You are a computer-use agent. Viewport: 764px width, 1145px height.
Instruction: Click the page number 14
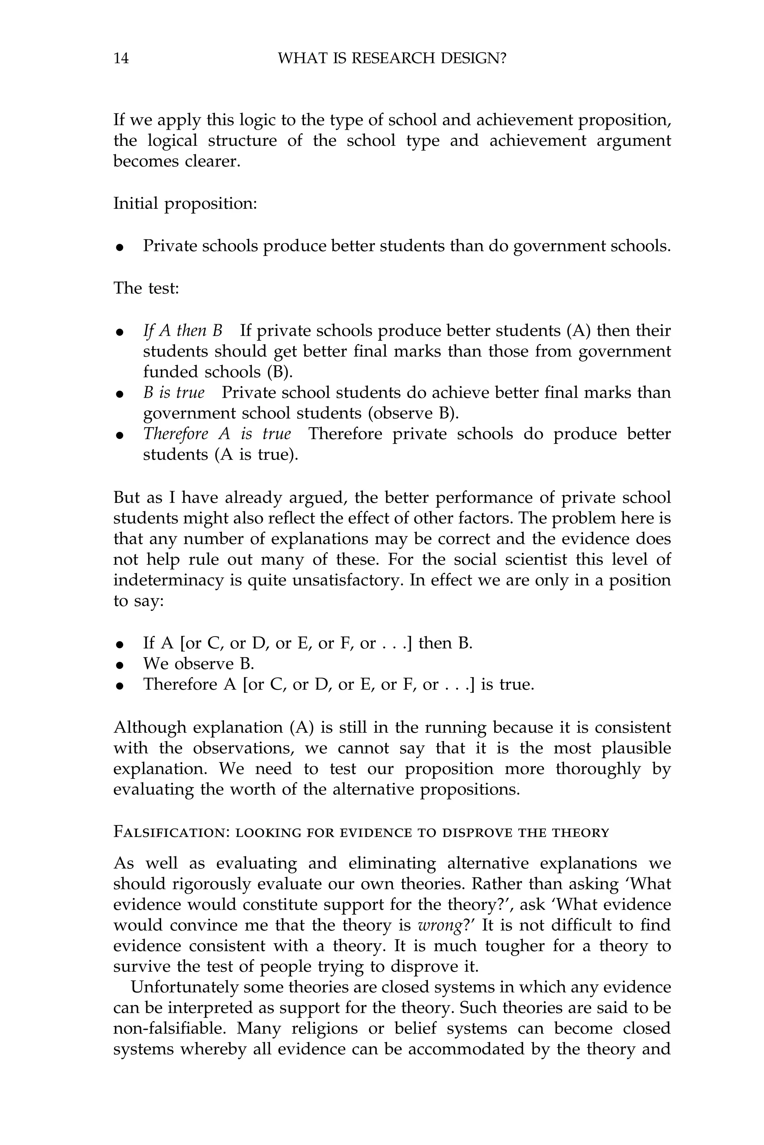(x=121, y=59)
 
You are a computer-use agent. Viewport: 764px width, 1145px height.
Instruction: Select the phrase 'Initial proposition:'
(x=185, y=204)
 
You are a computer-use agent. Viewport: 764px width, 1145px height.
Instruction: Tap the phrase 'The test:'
(x=146, y=288)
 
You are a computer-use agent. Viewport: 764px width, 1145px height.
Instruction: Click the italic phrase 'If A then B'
(x=183, y=331)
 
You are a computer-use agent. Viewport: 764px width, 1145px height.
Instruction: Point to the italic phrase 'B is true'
(x=173, y=392)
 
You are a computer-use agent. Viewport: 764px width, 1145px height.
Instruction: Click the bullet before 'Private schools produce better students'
(x=120, y=247)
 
